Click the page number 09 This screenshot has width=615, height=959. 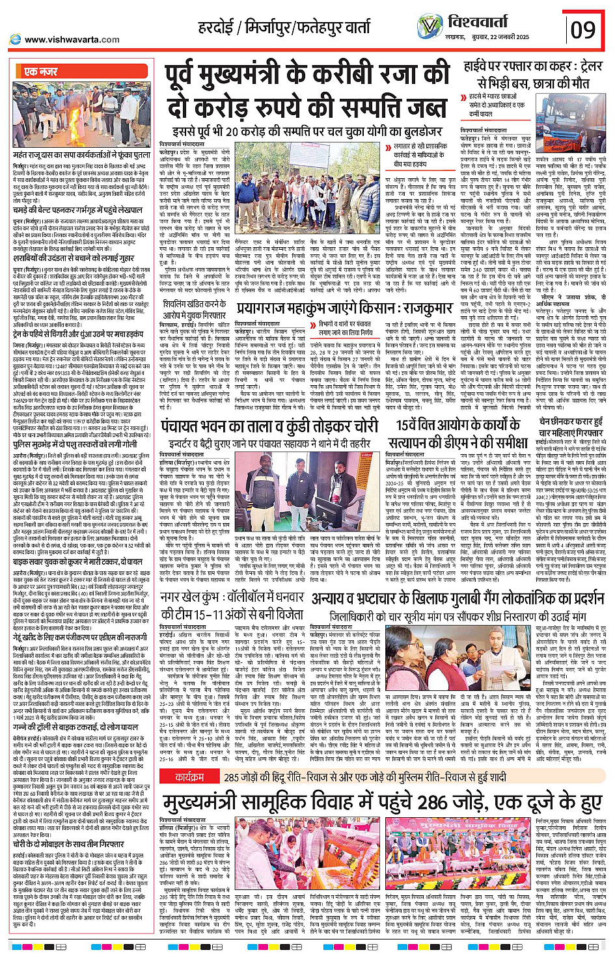point(583,30)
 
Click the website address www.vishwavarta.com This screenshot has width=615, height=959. point(72,39)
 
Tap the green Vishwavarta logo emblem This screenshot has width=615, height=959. point(430,26)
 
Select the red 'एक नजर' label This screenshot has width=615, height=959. point(41,72)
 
